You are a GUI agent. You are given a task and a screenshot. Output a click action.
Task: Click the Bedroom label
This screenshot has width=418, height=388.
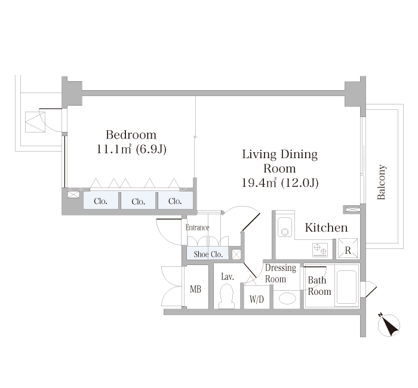pos(131,135)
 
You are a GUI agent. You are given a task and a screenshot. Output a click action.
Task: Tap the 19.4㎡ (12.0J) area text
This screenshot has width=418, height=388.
pos(280,183)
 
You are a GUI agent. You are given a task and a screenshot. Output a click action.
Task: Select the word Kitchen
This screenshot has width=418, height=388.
pos(326,227)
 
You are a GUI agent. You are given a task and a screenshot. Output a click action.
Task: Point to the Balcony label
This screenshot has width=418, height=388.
pos(382,182)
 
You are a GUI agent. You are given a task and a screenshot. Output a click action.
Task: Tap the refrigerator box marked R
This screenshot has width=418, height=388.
pos(348,248)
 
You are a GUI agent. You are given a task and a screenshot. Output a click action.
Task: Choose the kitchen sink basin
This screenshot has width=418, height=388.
pos(285,227)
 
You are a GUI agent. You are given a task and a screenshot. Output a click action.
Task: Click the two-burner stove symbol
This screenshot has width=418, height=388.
pos(320,250)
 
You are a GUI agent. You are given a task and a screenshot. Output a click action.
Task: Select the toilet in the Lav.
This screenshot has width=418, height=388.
pos(227,296)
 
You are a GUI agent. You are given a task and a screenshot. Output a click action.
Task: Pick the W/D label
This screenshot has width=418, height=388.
pos(257,300)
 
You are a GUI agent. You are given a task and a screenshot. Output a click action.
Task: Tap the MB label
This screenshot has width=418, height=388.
pos(195,289)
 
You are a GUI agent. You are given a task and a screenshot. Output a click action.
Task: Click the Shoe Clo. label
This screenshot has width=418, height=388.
pos(208,254)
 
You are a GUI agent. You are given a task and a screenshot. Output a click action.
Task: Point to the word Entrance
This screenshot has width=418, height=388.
pos(198,227)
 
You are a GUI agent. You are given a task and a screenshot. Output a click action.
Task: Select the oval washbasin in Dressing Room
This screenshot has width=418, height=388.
pos(287,298)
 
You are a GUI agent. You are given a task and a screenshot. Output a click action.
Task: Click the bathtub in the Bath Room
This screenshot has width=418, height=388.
pos(346,287)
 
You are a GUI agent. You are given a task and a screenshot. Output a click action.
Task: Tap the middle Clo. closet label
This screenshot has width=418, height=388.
pos(138,202)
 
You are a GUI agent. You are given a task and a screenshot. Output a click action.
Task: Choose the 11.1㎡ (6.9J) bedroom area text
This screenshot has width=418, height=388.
pos(131,149)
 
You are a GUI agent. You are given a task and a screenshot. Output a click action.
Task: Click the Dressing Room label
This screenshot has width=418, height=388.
pos(281,273)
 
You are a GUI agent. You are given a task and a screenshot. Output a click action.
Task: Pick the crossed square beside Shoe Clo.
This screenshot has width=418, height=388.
pos(236,254)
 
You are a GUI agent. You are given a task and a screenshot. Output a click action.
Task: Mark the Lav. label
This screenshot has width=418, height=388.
pos(228,277)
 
